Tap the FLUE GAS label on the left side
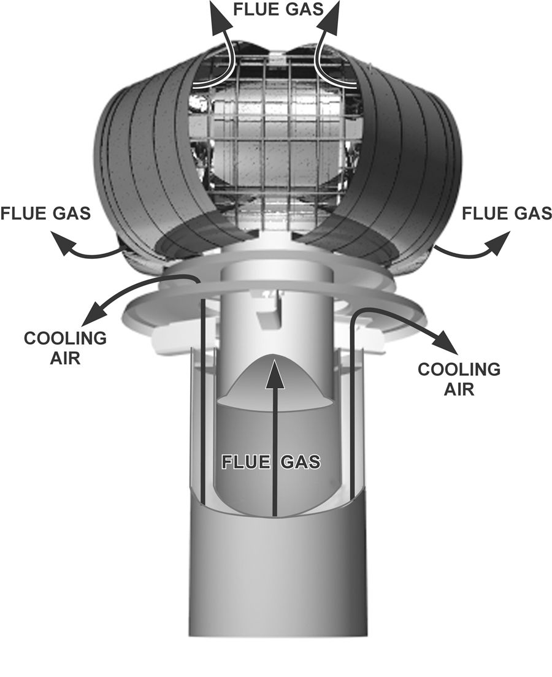click(46, 213)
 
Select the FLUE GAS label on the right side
click(507, 213)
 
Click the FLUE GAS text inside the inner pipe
click(271, 462)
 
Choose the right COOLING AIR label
click(459, 378)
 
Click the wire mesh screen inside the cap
click(270, 141)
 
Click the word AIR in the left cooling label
click(66, 358)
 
